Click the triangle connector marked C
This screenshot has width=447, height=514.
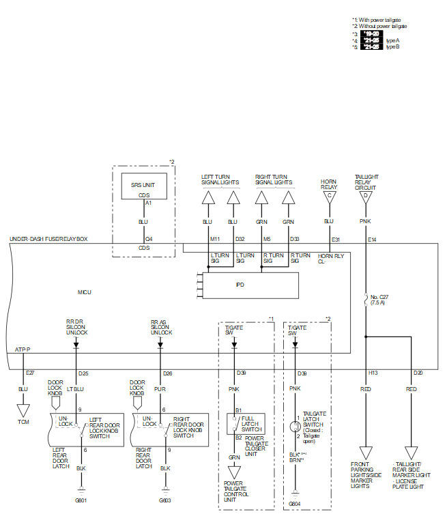pos(329,197)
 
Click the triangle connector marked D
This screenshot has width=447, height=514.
pos(366,197)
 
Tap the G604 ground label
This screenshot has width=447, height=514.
pos(294,504)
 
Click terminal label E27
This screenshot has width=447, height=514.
pos(29,373)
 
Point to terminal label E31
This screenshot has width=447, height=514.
pos(335,240)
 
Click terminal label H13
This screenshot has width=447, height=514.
pos(373,373)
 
